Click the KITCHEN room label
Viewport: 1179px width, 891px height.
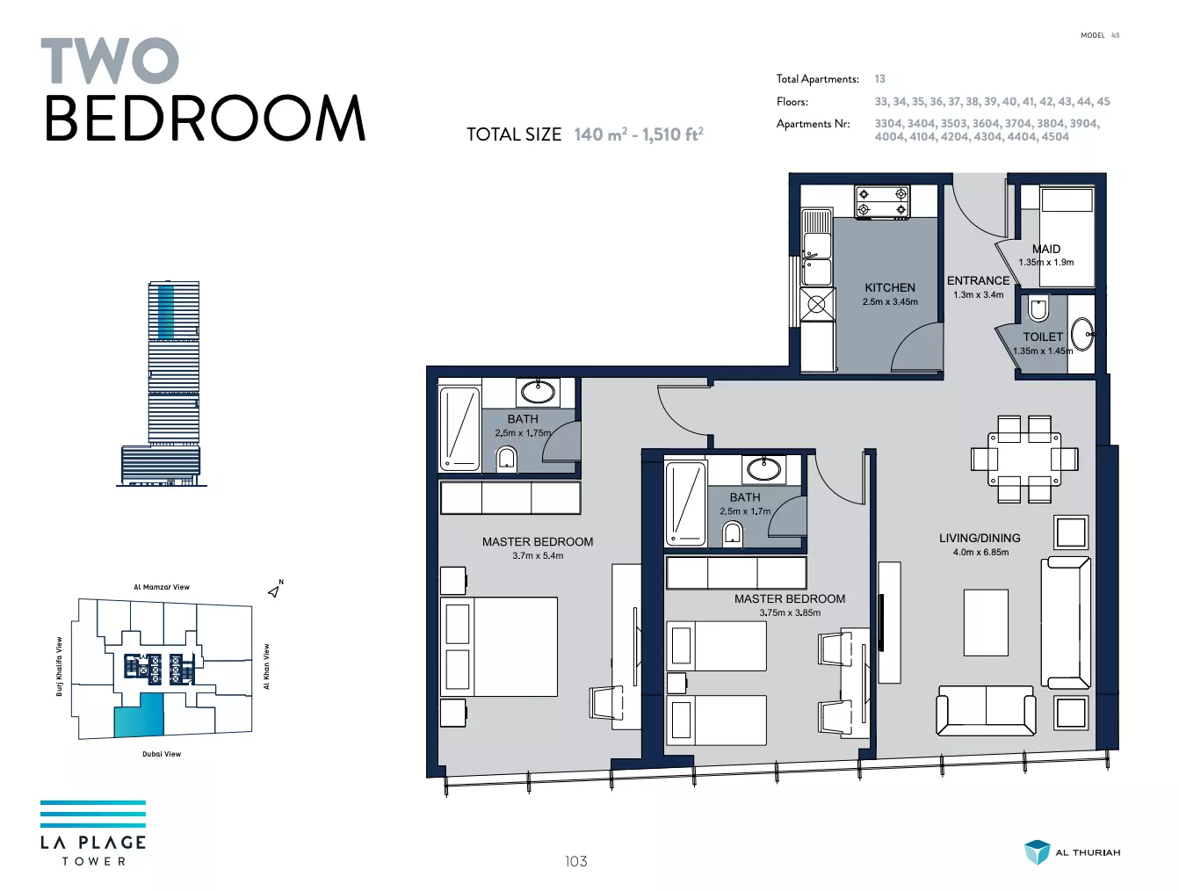point(889,287)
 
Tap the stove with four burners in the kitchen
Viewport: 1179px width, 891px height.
point(882,202)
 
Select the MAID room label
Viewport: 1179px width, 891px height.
point(1045,249)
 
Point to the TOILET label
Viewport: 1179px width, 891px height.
point(1043,337)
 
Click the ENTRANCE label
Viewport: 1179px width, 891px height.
point(978,280)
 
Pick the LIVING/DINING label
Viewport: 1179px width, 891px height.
point(980,538)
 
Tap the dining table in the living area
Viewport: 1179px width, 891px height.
point(1023,460)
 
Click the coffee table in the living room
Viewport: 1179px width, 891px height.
point(986,622)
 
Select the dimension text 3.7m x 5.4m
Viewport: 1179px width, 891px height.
point(538,556)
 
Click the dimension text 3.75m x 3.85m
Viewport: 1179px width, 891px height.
point(790,612)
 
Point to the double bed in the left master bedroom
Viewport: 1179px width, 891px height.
point(499,647)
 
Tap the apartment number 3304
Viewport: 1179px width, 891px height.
point(888,124)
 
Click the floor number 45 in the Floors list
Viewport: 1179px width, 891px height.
point(1103,102)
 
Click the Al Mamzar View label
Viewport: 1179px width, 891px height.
point(162,587)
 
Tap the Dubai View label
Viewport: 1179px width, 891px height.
point(162,754)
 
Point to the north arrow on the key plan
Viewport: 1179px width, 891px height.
point(274,590)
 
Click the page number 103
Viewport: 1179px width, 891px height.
point(575,861)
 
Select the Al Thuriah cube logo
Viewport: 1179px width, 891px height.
point(1037,852)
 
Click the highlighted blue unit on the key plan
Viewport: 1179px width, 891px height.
point(139,714)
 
